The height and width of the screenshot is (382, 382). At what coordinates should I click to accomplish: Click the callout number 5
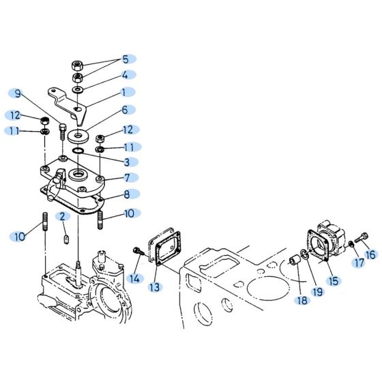[x=125, y=59]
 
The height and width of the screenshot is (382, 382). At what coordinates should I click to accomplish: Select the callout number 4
[x=125, y=75]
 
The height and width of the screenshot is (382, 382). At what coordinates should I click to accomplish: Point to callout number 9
[x=18, y=93]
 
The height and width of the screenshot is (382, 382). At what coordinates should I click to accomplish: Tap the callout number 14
[x=134, y=278]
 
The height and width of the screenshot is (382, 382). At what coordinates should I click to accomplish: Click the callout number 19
[x=316, y=291]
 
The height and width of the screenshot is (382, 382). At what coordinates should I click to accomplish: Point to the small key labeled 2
[x=67, y=238]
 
